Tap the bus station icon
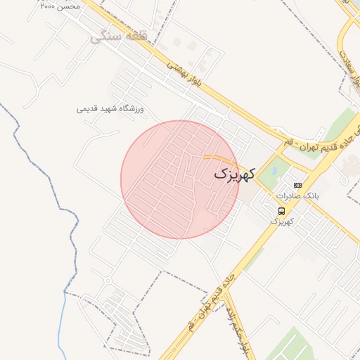pos(281,210)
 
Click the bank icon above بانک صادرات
pos(297,185)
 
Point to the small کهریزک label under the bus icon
pos(281,221)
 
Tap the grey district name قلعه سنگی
pos(117,36)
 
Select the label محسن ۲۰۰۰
pos(60,6)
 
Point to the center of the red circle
pos(180,179)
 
